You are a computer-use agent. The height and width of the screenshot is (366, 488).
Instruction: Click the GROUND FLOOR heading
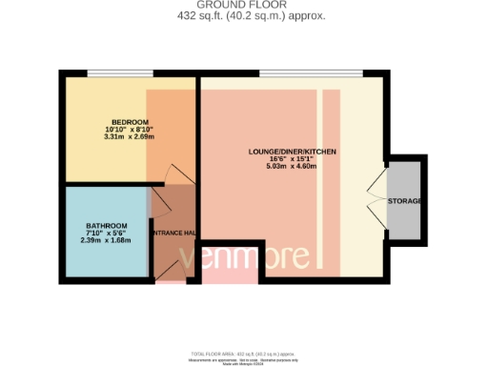click(x=243, y=5)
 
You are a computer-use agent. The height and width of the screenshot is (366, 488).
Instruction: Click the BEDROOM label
click(x=129, y=122)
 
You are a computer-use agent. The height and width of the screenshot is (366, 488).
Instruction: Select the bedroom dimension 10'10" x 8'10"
click(x=129, y=130)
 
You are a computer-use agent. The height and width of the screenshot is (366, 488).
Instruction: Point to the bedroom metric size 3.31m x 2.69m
click(x=129, y=137)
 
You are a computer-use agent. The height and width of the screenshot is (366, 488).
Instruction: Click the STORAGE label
click(x=405, y=201)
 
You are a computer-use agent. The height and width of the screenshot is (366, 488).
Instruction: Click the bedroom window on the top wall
click(x=119, y=73)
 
